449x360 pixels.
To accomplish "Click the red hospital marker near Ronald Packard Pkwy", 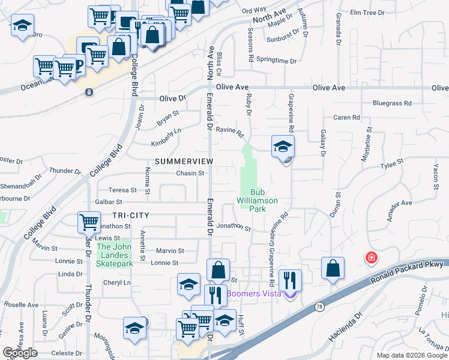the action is point(372,257).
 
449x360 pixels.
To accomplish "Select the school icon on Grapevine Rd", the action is point(283,146).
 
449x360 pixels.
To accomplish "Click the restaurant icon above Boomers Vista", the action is point(290,279).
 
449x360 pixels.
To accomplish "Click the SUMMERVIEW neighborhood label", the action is point(184,162).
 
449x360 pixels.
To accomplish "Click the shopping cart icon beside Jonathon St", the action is point(89,223).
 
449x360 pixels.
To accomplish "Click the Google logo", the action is point(20,353).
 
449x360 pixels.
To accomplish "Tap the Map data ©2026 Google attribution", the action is point(412,355).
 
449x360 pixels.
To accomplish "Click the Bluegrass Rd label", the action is point(391,103).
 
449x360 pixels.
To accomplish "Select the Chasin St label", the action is point(190,173).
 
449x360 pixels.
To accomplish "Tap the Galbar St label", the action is point(108,203).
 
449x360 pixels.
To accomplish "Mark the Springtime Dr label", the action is point(277,61).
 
